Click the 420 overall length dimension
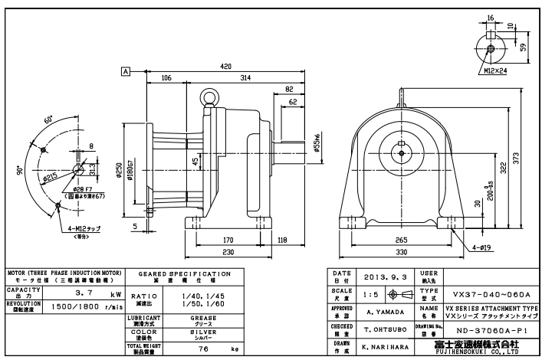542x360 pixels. pyautogui.click(x=225, y=67)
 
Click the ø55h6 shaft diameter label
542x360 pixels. pyautogui.click(x=316, y=142)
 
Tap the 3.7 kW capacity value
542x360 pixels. pyautogui.click(x=68, y=294)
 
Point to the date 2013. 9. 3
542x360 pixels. pyautogui.click(x=382, y=280)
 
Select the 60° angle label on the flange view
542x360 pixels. pyautogui.click(x=48, y=121)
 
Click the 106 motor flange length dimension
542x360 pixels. pyautogui.click(x=166, y=77)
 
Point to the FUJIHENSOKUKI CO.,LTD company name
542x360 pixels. pyautogui.click(x=495, y=353)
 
